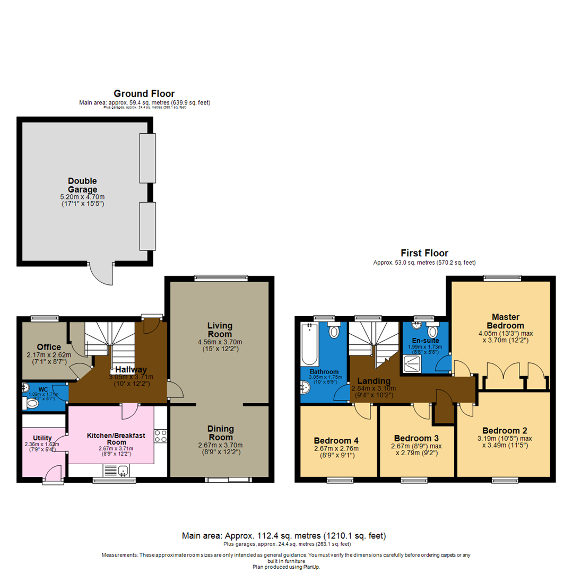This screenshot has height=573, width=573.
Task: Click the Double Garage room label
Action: point(82,185)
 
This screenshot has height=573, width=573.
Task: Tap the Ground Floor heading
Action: point(143,94)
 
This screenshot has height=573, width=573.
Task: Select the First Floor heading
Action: point(424,253)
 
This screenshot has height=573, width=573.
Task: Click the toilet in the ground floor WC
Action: point(32,404)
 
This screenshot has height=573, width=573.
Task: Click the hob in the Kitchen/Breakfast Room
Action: point(161,436)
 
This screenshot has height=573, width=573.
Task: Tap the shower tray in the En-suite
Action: point(412,363)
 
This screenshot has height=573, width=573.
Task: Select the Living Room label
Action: point(220,329)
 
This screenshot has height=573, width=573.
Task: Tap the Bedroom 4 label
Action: point(336,440)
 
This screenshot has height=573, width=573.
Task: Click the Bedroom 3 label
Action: point(416,438)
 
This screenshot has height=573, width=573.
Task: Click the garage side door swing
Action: point(101,273)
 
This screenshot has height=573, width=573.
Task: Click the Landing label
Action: point(374,380)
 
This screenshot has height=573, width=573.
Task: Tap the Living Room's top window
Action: point(221,277)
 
